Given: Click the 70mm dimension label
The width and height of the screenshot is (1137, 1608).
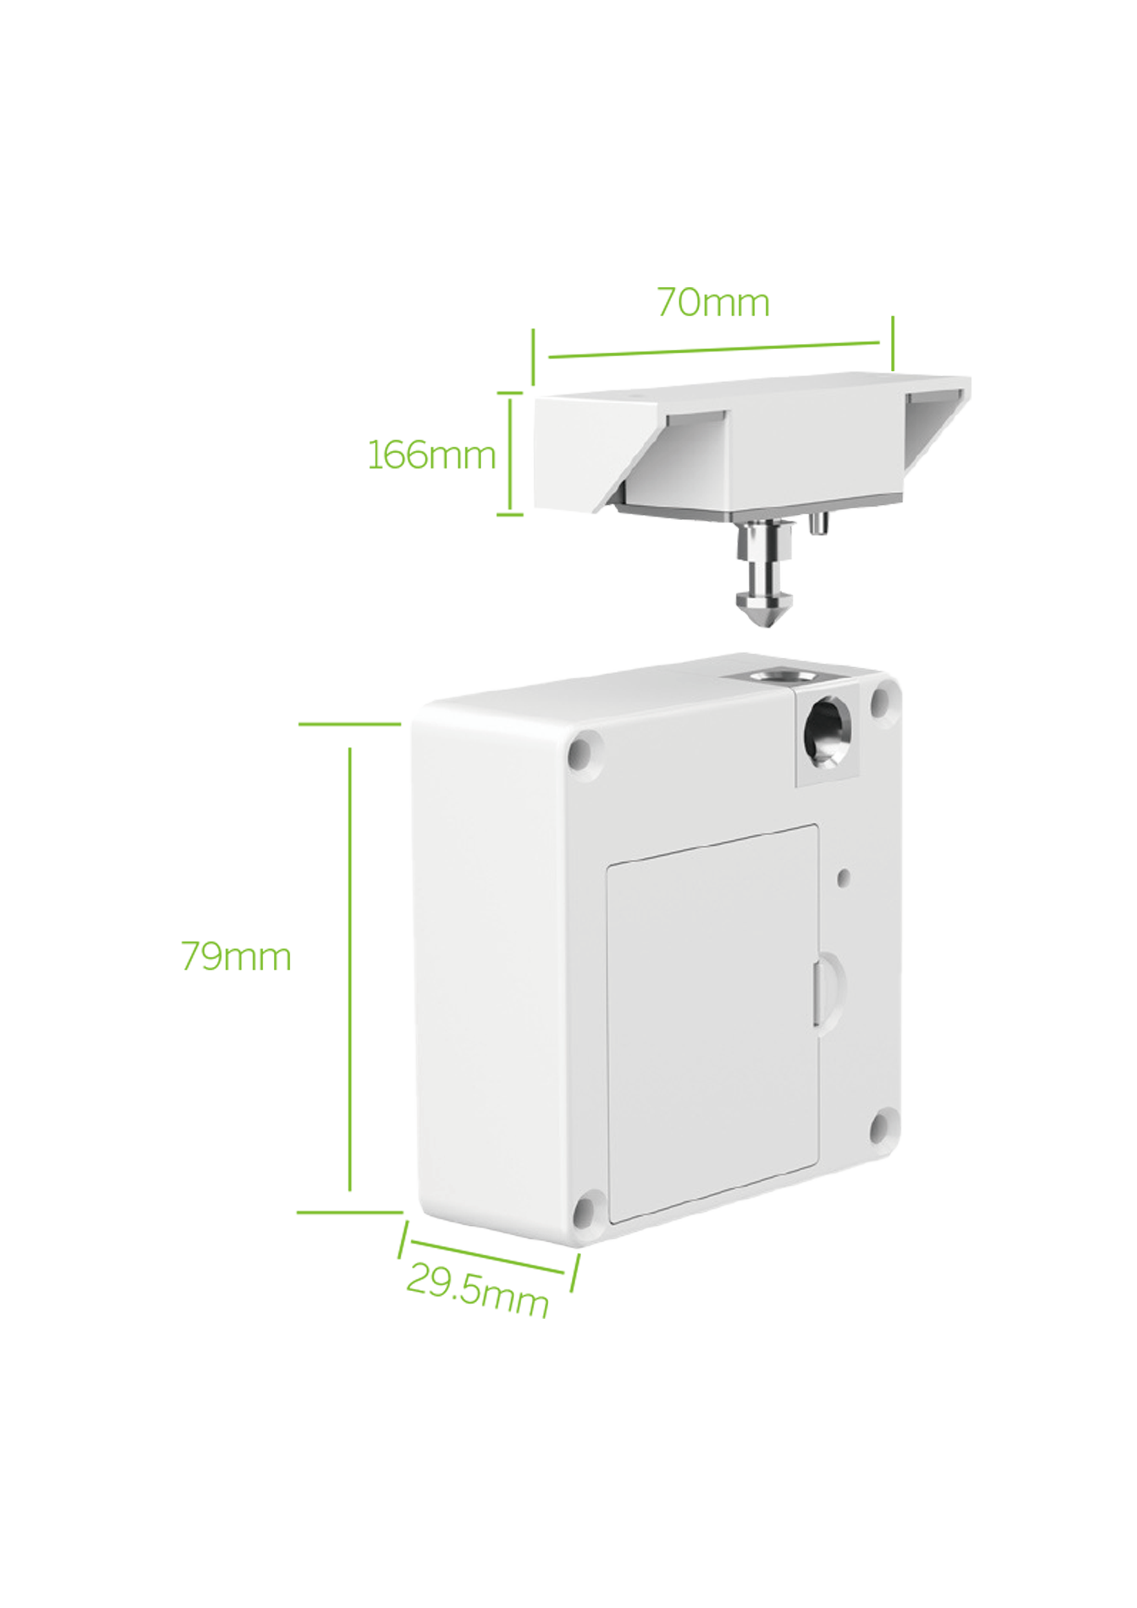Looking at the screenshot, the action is click(x=713, y=303).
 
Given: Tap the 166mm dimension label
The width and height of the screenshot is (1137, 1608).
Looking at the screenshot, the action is click(x=431, y=455).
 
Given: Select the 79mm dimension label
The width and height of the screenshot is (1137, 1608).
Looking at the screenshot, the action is click(x=236, y=956).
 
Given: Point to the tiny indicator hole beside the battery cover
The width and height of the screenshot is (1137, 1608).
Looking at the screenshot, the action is click(x=844, y=877).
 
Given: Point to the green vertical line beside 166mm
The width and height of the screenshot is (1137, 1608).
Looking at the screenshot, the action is click(x=510, y=454).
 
